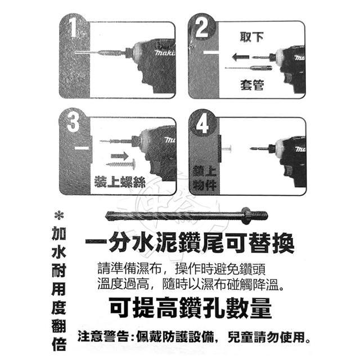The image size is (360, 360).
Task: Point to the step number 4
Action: (202, 124)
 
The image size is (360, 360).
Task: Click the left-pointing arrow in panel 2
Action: (240, 57)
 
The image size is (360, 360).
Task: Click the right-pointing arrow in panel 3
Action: (120, 156)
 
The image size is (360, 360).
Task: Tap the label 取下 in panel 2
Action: (251, 37)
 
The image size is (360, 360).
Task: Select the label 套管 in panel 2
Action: (252, 85)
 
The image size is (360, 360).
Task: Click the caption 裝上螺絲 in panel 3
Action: (120, 182)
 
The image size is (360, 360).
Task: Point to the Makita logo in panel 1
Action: (165, 53)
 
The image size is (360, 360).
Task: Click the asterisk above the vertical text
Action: (59, 215)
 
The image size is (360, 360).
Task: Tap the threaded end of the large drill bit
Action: (259, 215)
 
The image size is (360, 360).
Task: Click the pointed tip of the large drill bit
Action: (106, 216)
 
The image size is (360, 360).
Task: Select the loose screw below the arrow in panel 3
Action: (121, 164)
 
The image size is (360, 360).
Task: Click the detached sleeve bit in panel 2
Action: (249, 68)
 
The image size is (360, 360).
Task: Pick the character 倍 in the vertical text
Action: (59, 344)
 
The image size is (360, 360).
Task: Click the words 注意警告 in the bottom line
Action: (103, 336)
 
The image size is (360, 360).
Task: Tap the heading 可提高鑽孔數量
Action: (190, 308)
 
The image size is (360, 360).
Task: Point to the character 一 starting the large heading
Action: (96, 241)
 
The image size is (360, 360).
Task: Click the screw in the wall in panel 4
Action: (227, 148)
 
